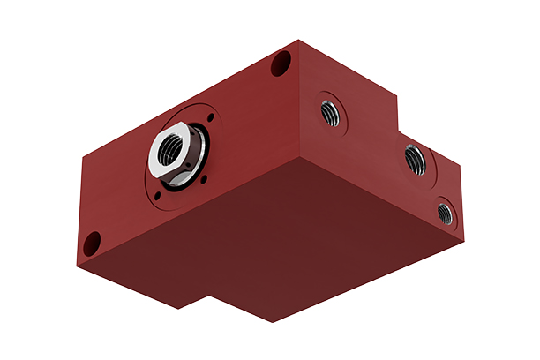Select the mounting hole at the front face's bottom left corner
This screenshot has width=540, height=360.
pyautogui.click(x=91, y=241)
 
